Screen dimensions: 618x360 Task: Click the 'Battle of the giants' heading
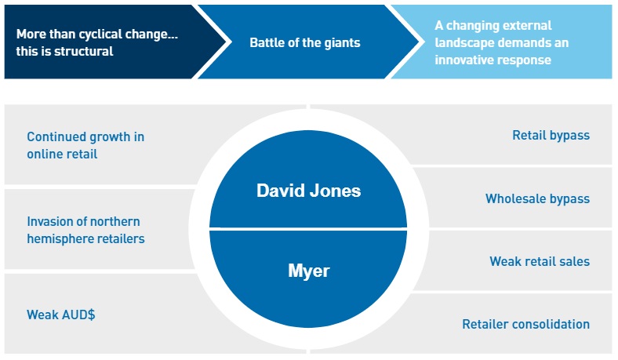tap(304, 42)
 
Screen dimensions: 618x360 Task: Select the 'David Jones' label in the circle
tap(308, 191)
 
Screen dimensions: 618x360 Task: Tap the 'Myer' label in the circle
tap(308, 271)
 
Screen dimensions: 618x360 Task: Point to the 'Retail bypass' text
tap(551, 136)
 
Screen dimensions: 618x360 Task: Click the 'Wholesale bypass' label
tap(537, 198)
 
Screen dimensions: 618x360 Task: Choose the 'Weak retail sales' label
tap(540, 261)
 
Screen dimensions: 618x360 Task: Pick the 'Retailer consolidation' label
tap(525, 324)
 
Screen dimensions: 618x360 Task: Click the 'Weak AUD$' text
tap(61, 315)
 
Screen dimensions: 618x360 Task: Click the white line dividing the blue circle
tap(308, 229)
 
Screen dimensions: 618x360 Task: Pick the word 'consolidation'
tap(553, 324)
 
